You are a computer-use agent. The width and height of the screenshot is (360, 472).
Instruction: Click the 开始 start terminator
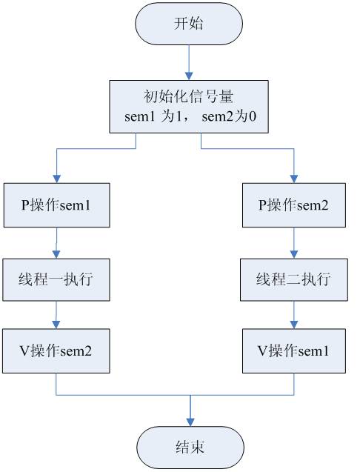coord(189,24)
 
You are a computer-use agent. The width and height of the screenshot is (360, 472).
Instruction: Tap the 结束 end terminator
coord(190,447)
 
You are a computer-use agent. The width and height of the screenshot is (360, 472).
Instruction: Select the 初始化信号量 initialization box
coord(189,107)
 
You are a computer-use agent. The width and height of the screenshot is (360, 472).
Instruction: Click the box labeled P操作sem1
coord(56,205)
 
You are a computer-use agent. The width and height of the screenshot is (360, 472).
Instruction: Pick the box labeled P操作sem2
coord(294,205)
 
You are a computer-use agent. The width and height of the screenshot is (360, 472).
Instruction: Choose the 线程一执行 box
coord(56,279)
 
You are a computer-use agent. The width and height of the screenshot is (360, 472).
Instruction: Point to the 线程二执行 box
coord(294,279)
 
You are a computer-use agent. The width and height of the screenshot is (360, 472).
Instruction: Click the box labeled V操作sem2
coord(56,351)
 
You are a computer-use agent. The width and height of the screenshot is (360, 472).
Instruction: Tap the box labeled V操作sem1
coord(294,351)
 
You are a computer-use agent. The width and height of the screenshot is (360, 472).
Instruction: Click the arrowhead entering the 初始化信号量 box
coord(189,76)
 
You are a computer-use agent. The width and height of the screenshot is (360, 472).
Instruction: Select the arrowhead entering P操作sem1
coord(56,179)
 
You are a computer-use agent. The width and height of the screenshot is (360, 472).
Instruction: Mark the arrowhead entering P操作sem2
coord(294,179)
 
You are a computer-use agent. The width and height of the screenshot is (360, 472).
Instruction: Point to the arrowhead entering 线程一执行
coord(56,254)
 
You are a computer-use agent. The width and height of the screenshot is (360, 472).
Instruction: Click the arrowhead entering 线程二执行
coord(294,254)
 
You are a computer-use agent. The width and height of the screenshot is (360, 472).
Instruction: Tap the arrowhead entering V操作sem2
coord(56,325)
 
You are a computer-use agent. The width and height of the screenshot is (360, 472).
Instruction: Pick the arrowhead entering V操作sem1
coord(294,325)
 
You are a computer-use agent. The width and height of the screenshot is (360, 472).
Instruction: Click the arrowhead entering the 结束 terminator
coord(190,422)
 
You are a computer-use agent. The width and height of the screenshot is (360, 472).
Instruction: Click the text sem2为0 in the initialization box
coord(229,116)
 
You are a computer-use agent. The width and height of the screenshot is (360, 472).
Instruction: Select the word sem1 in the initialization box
coord(140,116)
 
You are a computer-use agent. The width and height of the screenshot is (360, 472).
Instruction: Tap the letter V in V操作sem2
coord(24,350)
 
